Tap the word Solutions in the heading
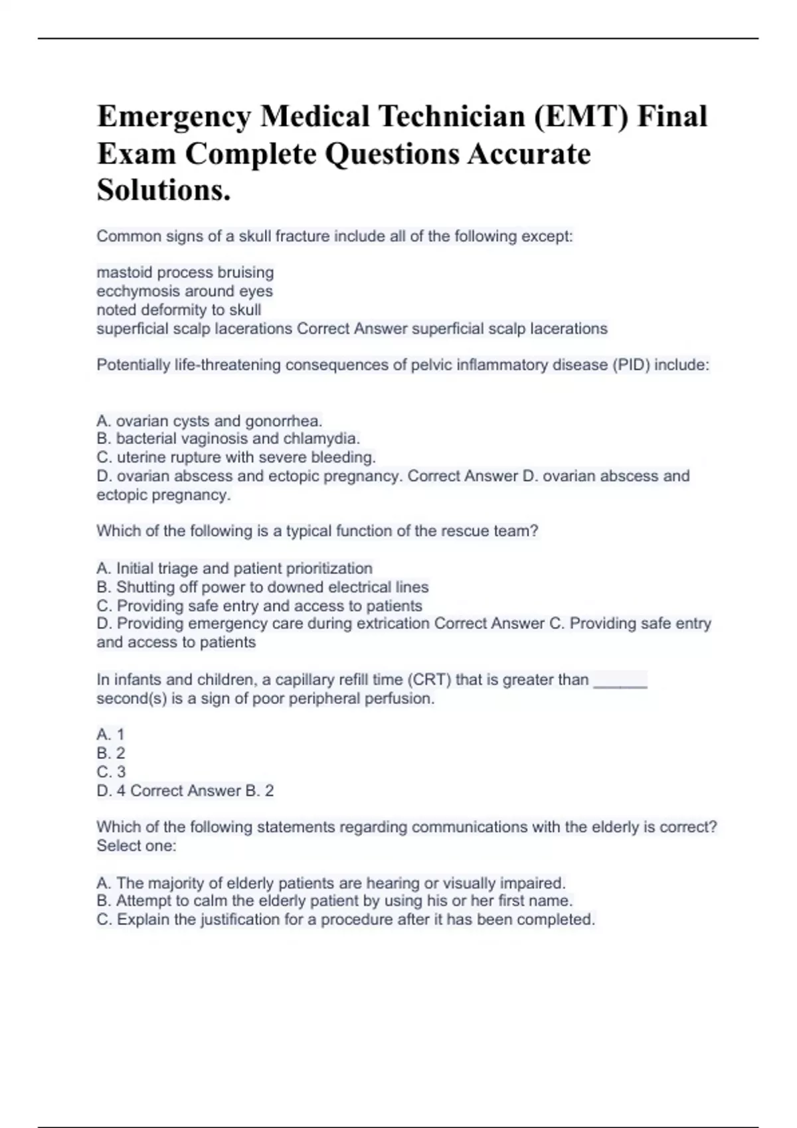pyautogui.click(x=163, y=190)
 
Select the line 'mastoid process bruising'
pyautogui.click(x=185, y=273)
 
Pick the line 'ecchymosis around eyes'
pyautogui.click(x=185, y=291)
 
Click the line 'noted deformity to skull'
pyautogui.click(x=179, y=310)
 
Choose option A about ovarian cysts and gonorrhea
pyautogui.click(x=209, y=421)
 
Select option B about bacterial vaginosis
pyautogui.click(x=228, y=439)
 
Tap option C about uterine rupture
pyautogui.click(x=236, y=457)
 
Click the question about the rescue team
pyautogui.click(x=317, y=531)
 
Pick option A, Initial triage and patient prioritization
pyautogui.click(x=234, y=569)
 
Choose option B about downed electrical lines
pyautogui.click(x=262, y=587)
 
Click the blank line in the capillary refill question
pyautogui.click(x=620, y=682)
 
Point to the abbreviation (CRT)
pyautogui.click(x=428, y=679)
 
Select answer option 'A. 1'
pyautogui.click(x=110, y=735)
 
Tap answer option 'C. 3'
pyautogui.click(x=111, y=772)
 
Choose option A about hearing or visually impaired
pyautogui.click(x=331, y=883)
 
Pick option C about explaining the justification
pyautogui.click(x=345, y=920)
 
